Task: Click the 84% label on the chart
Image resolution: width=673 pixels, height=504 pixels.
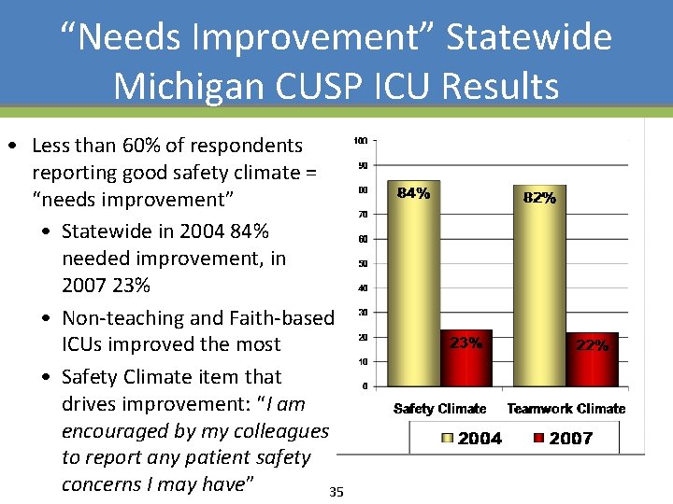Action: point(414,194)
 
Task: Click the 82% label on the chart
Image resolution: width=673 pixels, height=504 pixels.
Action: point(540,198)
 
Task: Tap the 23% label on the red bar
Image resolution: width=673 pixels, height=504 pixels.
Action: point(466,343)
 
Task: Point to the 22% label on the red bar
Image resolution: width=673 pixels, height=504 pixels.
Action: point(592,345)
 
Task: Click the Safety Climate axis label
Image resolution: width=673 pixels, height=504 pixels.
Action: point(440,409)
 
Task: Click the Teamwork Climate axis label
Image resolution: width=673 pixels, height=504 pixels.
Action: point(566,409)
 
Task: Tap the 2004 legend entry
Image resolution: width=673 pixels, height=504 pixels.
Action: point(470,438)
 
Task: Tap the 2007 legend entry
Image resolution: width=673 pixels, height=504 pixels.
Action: point(562,438)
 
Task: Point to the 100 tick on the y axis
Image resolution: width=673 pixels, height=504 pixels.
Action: point(360,141)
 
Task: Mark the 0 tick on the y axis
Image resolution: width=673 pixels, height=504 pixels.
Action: point(365,385)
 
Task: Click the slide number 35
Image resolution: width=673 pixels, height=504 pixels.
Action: point(336,492)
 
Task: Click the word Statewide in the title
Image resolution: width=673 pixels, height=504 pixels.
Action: point(529,37)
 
